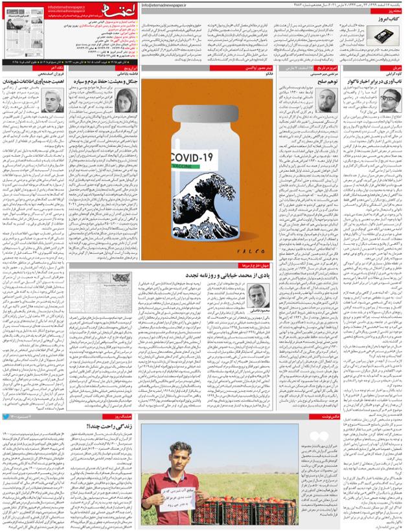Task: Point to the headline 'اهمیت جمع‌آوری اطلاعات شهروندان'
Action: [x=35, y=83]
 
